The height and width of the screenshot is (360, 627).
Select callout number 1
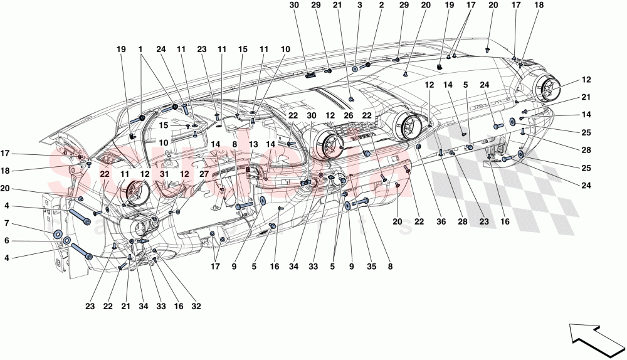point(141,48)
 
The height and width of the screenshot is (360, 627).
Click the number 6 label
point(7,240)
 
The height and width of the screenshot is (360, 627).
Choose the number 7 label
point(7,223)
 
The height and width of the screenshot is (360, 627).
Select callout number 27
point(204,177)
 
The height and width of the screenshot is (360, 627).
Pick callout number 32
point(196,307)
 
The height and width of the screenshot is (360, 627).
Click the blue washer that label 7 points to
point(58,235)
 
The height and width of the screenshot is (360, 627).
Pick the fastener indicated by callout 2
point(369,65)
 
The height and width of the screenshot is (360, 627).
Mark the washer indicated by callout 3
point(355,69)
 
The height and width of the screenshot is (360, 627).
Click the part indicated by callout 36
point(418,147)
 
